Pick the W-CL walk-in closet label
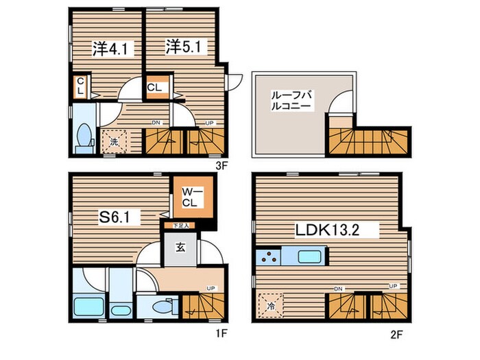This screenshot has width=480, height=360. pos(190,198)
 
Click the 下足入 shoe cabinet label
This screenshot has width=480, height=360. pos(180,225)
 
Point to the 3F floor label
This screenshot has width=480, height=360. pos(221,165)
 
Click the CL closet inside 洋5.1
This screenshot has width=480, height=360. pos(155,88)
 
